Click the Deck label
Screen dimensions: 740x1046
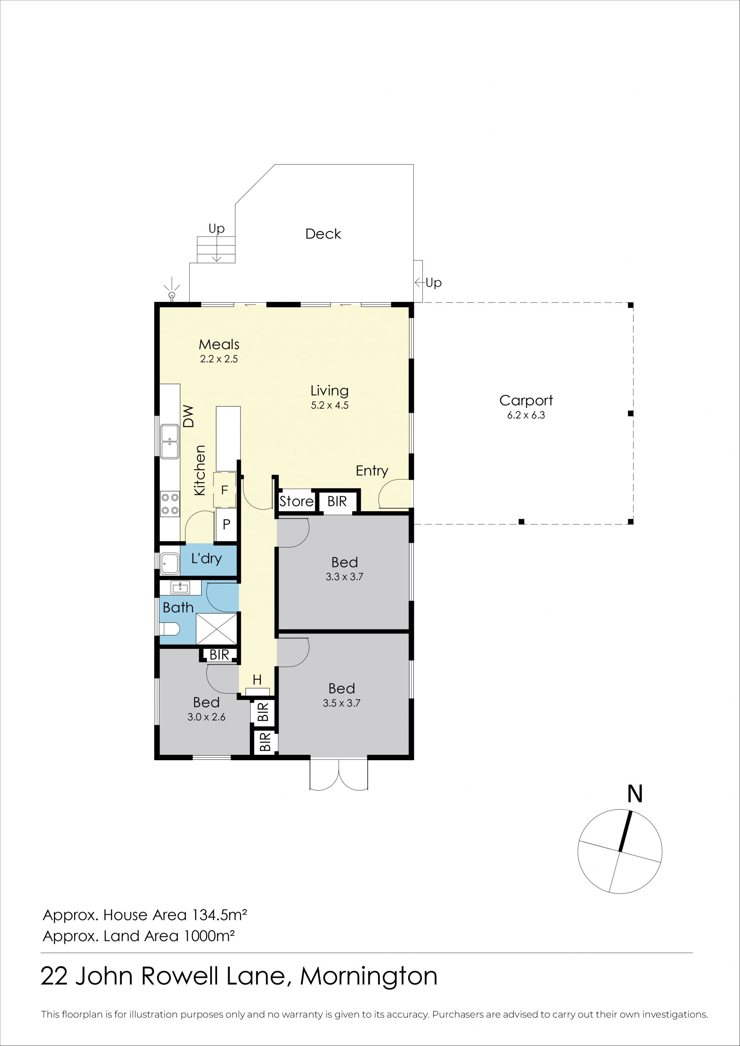coord(323,234)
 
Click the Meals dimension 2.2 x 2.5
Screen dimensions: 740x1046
coord(219,359)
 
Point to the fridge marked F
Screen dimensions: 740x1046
coord(225,490)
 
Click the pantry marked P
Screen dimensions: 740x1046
coord(226,524)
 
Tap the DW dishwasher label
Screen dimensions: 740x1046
coord(188,416)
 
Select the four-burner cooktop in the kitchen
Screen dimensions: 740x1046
coord(170,504)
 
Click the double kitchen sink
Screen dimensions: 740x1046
coord(170,441)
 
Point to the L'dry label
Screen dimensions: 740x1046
coord(207,559)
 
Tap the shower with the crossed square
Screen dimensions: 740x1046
coord(217,629)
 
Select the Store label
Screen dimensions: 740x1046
coord(296,502)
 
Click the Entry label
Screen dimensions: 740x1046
coord(372,471)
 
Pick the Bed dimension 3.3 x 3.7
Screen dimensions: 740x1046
coord(344,577)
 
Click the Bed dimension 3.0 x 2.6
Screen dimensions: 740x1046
coord(207,717)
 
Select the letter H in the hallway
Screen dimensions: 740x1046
coord(257,680)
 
